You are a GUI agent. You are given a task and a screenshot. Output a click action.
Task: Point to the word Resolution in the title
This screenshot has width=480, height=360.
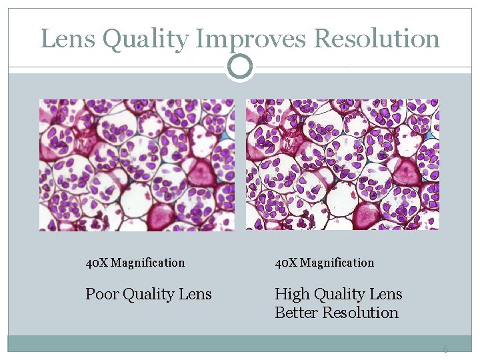(x=377, y=39)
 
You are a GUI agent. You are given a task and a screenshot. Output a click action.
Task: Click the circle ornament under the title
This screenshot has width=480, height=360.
(x=240, y=66)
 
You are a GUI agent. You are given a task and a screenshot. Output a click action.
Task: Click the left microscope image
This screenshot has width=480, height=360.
(x=137, y=165)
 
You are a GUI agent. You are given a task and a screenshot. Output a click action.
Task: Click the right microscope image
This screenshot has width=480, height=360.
(x=343, y=165)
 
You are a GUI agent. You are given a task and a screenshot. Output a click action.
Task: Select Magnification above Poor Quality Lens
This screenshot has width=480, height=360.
(x=147, y=263)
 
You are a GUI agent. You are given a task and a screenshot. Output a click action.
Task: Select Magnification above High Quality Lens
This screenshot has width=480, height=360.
(x=337, y=263)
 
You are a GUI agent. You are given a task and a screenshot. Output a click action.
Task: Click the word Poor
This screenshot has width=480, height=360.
(x=99, y=294)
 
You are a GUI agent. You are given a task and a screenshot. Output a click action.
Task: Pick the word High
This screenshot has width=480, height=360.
(x=290, y=294)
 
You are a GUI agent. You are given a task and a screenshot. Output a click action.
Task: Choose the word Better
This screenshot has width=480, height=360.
(x=296, y=313)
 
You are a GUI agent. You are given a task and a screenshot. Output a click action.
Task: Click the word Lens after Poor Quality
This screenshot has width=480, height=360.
(x=195, y=294)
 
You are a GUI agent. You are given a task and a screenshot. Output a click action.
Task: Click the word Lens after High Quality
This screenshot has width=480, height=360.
(x=386, y=294)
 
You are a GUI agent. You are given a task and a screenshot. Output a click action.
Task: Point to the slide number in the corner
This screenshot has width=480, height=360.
(x=445, y=349)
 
